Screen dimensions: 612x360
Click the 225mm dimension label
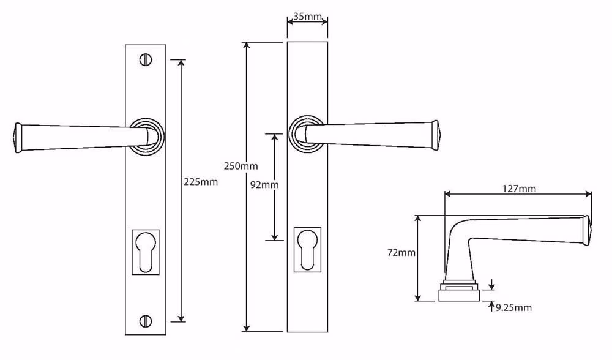(201, 182)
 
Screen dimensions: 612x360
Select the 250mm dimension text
(241, 166)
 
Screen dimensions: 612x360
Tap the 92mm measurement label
(264, 185)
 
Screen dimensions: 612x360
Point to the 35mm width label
(308, 17)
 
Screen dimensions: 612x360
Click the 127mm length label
(519, 189)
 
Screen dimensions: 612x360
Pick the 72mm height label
(401, 253)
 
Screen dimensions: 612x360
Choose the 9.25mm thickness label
(513, 308)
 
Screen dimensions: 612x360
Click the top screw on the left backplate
(146, 60)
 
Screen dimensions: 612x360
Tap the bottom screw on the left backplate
(146, 321)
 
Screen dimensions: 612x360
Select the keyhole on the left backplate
(146, 252)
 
